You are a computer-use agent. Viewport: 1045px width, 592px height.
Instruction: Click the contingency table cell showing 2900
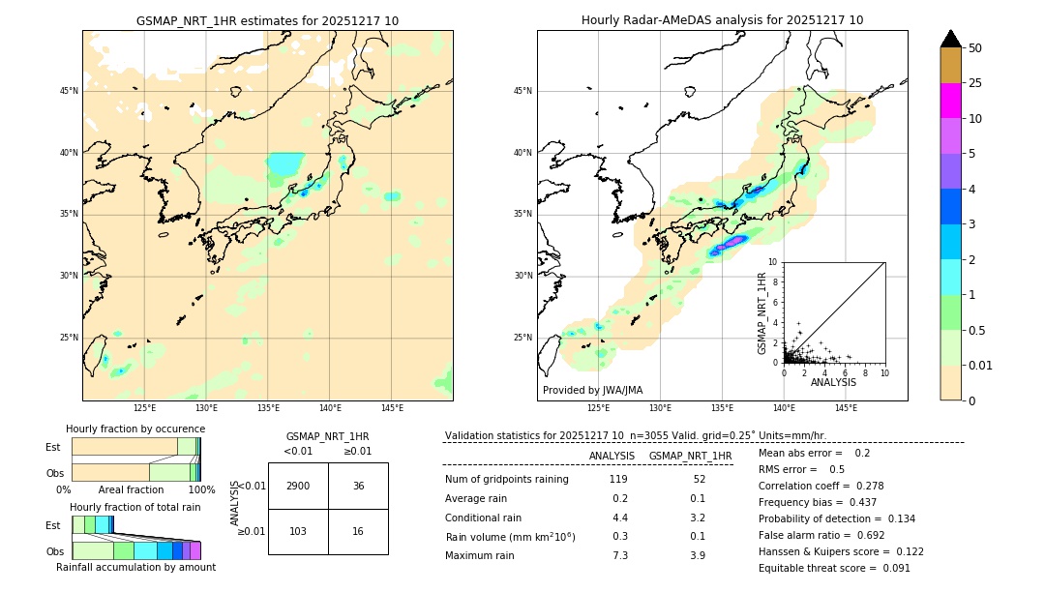click(298, 486)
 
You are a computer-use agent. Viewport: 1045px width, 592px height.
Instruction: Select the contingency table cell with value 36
click(358, 486)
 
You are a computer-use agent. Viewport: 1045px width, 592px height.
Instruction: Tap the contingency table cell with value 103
click(298, 532)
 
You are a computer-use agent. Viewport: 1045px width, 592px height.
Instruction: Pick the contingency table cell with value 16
click(358, 532)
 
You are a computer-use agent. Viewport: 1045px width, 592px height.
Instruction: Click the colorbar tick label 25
click(975, 83)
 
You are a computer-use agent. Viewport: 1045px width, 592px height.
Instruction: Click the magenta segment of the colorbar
click(950, 101)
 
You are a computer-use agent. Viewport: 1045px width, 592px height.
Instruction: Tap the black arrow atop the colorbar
click(950, 39)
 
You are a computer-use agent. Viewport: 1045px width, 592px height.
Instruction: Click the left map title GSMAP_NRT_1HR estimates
click(267, 20)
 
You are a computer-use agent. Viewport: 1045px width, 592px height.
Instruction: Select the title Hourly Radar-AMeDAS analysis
click(722, 20)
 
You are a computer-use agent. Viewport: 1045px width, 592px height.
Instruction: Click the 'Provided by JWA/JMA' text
click(592, 390)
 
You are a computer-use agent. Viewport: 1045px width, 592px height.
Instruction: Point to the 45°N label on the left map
click(69, 91)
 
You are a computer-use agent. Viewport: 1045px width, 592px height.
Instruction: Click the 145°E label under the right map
click(846, 408)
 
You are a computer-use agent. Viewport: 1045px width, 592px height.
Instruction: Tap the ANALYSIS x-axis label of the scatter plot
click(833, 382)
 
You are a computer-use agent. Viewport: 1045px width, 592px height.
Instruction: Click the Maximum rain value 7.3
click(619, 555)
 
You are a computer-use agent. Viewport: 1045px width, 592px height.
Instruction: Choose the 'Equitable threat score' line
click(834, 568)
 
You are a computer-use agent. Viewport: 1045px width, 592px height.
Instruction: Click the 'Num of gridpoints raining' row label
click(507, 479)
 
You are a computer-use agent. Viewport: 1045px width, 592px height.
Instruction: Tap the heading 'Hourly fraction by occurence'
click(135, 429)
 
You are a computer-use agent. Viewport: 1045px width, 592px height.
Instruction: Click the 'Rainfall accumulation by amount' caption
click(135, 567)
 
